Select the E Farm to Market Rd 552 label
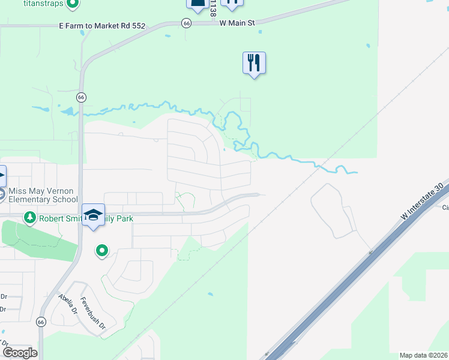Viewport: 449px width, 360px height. (x=102, y=26)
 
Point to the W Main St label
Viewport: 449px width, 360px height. (x=238, y=23)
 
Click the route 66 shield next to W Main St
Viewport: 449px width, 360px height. (x=187, y=23)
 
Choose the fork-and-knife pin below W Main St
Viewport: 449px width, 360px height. (x=254, y=62)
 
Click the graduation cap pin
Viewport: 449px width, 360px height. (x=93, y=215)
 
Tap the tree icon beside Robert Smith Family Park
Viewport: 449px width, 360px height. (x=28, y=217)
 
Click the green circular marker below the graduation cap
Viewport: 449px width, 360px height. (x=101, y=250)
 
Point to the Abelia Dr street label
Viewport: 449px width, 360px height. (x=68, y=304)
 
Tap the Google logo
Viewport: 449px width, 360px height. (x=20, y=353)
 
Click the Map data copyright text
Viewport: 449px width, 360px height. (x=424, y=355)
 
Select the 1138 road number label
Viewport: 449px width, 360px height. (x=212, y=7)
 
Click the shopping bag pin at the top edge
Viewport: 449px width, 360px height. (x=197, y=4)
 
